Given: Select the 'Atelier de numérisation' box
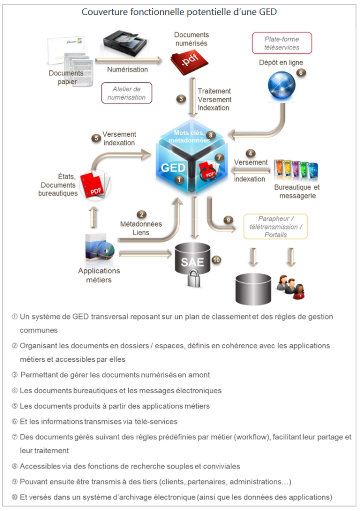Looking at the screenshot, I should (x=127, y=93).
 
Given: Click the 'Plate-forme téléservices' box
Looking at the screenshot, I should (x=282, y=43).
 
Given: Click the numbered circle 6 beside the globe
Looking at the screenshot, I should (x=301, y=72).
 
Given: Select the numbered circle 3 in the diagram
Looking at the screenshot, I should (x=181, y=99).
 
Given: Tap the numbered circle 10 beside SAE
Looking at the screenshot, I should (x=217, y=259).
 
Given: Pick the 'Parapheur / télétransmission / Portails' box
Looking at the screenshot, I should (x=276, y=227).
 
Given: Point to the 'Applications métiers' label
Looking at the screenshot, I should (x=99, y=275).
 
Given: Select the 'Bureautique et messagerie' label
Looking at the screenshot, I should (x=297, y=192).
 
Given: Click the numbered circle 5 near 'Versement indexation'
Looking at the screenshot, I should (x=96, y=138).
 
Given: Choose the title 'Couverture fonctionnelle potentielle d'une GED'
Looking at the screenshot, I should (x=180, y=11).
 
